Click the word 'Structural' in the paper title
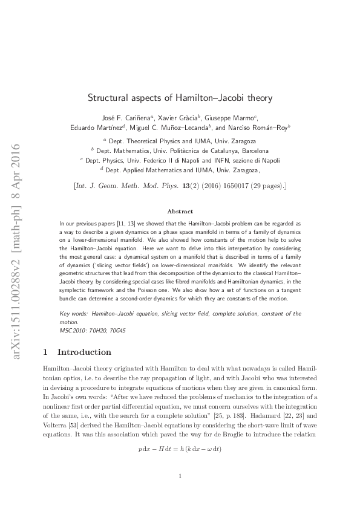pyautogui.click(x=110, y=97)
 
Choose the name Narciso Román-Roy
pyautogui.click(x=261, y=127)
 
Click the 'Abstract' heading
pyautogui.click(x=180, y=212)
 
